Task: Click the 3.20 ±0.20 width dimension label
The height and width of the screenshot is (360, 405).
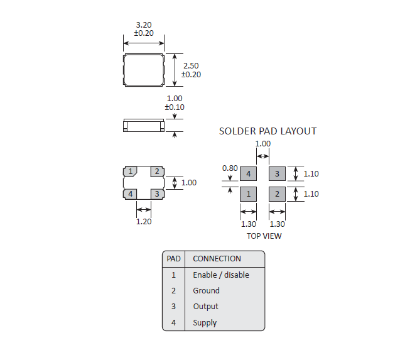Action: coord(143,29)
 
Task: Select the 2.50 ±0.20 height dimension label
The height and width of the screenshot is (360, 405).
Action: coord(192,70)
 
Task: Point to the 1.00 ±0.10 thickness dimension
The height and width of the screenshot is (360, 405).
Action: coord(174,103)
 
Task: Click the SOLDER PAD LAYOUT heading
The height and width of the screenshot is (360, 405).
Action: coord(267,131)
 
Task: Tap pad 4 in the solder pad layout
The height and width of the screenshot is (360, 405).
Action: coord(249,173)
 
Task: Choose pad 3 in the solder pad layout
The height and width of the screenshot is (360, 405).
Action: coord(277,173)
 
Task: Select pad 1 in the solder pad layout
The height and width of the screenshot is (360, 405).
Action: coord(249,194)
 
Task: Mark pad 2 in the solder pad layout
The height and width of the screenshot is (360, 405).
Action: coord(277,194)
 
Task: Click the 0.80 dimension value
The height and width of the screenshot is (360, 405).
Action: coord(230,168)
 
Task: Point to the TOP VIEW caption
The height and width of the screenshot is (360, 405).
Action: coord(264,236)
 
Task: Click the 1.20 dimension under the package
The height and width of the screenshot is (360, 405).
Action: coord(144,221)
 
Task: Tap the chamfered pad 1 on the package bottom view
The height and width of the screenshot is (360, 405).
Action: coord(131,172)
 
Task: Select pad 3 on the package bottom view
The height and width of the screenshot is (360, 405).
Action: coord(156,194)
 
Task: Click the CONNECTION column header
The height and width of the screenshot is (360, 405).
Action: coord(217,258)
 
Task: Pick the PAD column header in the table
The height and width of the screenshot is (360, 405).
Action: coord(173,258)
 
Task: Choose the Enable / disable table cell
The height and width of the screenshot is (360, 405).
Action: coord(220,275)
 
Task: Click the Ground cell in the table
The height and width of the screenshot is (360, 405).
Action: coord(206,291)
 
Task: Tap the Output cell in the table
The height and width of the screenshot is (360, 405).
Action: coord(205,307)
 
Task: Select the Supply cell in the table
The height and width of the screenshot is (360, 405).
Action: coord(205,323)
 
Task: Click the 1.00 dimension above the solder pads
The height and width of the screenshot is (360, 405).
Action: coord(262,144)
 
